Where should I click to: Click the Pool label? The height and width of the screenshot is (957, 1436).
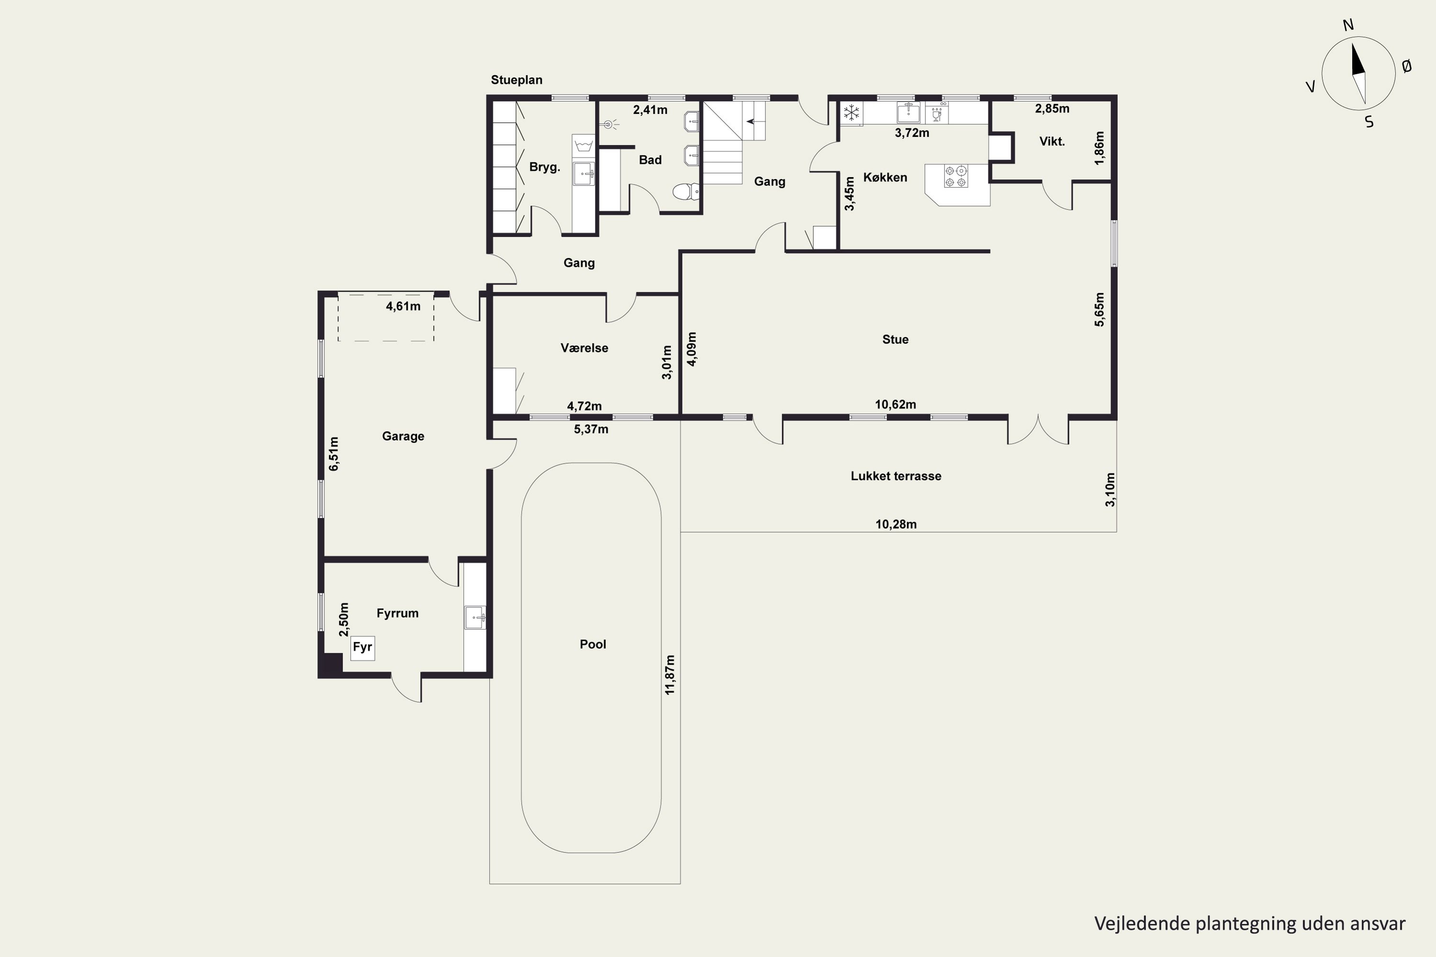pyautogui.click(x=592, y=644)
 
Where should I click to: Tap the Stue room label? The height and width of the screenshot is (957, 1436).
pyautogui.click(x=895, y=339)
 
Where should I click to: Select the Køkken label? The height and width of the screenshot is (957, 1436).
pyautogui.click(x=885, y=178)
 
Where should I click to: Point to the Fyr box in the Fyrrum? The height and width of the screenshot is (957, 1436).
pyautogui.click(x=362, y=647)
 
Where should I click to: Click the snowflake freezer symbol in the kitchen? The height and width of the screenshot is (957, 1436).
pyautogui.click(x=851, y=112)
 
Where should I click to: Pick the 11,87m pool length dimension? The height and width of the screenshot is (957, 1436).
pyautogui.click(x=670, y=675)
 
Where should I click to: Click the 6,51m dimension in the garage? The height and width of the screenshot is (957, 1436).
pyautogui.click(x=333, y=454)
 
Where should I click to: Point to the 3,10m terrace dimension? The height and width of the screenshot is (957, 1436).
pyautogui.click(x=1110, y=490)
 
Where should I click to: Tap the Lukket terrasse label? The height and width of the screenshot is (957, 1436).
pyautogui.click(x=896, y=476)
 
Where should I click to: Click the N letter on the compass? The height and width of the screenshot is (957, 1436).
pyautogui.click(x=1348, y=25)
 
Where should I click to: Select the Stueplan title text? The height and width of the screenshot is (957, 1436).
pyautogui.click(x=516, y=80)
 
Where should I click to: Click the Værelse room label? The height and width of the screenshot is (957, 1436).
pyautogui.click(x=584, y=348)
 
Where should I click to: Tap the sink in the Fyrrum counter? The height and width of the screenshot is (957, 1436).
pyautogui.click(x=475, y=617)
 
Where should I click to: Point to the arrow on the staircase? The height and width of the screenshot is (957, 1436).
pyautogui.click(x=755, y=121)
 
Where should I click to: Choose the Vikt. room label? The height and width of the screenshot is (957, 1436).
pyautogui.click(x=1052, y=142)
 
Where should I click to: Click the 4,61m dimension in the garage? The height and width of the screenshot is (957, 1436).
pyautogui.click(x=403, y=306)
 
